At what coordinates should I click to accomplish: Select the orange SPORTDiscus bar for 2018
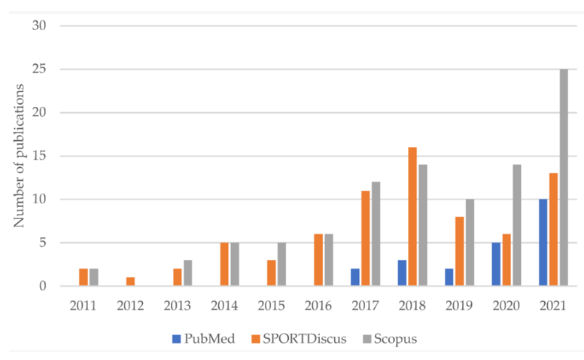tap(412, 217)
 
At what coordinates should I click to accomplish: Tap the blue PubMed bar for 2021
tap(543, 243)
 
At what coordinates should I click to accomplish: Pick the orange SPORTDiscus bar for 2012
tap(130, 282)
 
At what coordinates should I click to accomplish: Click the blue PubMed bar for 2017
tap(355, 277)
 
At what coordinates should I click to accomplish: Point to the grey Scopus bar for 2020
tap(516, 225)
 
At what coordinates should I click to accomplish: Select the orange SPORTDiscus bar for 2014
tap(224, 264)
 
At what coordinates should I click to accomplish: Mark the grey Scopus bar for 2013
tap(187, 273)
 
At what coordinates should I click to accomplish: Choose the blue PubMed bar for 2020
tap(497, 264)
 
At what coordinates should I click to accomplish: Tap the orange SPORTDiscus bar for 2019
tap(459, 252)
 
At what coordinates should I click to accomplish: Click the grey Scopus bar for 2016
tap(327, 260)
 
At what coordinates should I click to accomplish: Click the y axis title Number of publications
tap(20, 156)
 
